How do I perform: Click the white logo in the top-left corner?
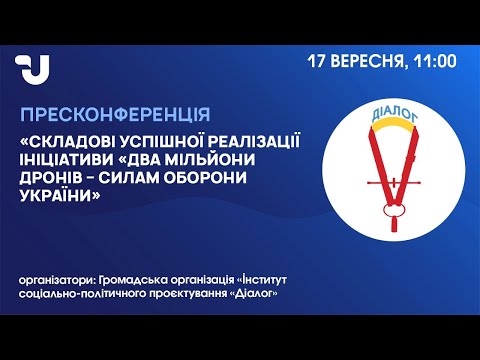tap(33, 69)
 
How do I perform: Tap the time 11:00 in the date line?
tap(435, 61)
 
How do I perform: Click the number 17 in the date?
tap(316, 61)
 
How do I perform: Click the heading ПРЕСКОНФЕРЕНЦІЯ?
tap(115, 115)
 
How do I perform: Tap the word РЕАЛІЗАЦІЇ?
tap(254, 142)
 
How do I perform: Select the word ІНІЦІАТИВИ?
tap(66, 160)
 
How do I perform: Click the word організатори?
tap(57, 280)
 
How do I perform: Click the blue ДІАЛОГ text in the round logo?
tap(395, 114)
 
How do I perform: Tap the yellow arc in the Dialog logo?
tap(394, 125)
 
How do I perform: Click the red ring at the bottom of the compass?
tap(394, 210)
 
